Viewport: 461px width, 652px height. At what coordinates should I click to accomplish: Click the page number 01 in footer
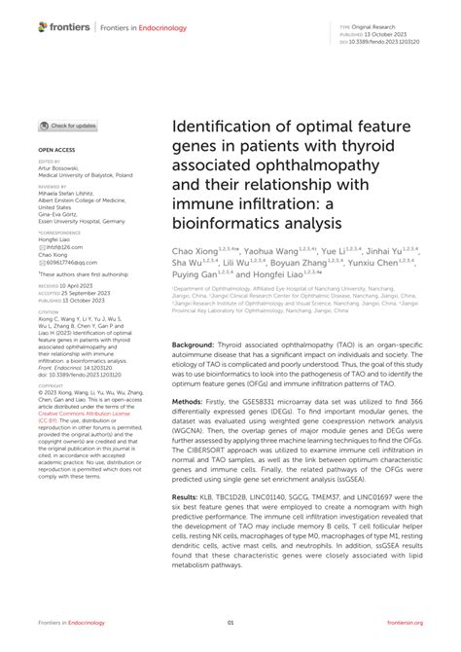(x=230, y=621)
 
